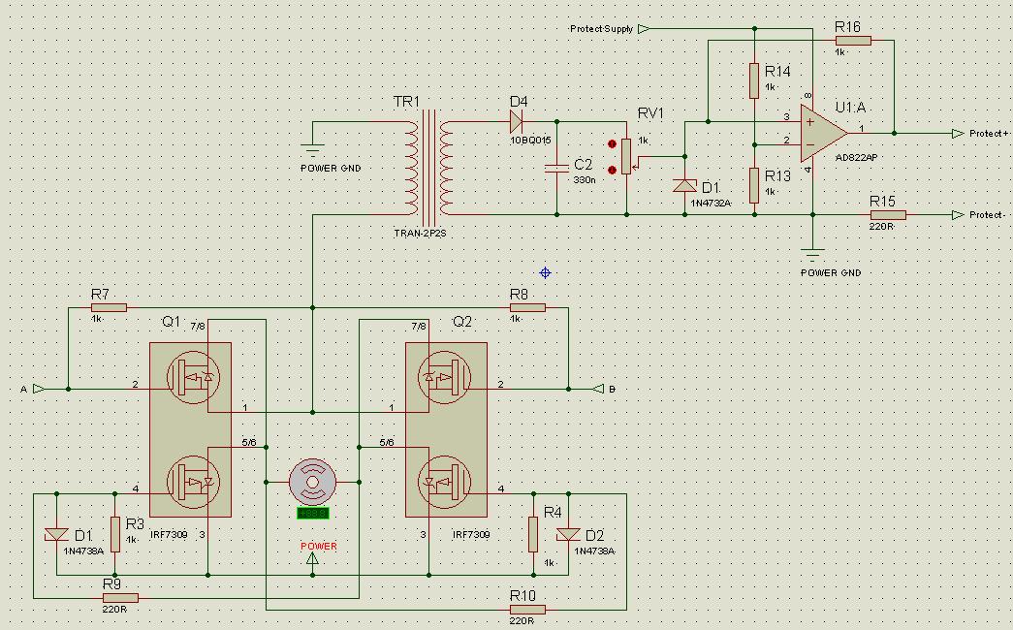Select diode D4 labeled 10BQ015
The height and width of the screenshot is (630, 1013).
[x=516, y=121]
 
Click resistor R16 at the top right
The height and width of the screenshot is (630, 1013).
[x=853, y=41]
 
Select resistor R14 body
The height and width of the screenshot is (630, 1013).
[x=753, y=80]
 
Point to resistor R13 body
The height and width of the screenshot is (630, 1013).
[x=753, y=181]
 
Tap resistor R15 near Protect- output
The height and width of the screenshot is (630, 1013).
[x=887, y=215]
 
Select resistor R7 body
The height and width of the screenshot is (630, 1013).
[x=109, y=308]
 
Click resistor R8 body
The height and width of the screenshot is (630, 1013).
[x=527, y=308]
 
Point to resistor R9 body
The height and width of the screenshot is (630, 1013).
[x=120, y=598]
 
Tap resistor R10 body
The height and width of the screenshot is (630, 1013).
[x=527, y=610]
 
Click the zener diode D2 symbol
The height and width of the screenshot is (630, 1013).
[x=568, y=534]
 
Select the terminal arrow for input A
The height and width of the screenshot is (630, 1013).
[x=38, y=389]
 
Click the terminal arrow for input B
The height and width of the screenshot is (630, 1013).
[x=597, y=389]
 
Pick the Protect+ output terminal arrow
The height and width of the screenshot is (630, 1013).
[x=958, y=134]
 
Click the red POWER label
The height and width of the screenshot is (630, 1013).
[x=319, y=547]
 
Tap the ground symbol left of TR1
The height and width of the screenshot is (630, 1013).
[x=312, y=148]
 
